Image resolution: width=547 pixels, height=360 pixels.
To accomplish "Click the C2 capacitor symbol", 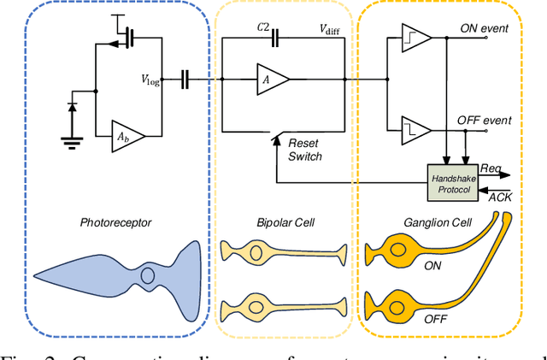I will pos(275,37).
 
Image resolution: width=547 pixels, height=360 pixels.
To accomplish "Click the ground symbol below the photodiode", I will pos(71,145).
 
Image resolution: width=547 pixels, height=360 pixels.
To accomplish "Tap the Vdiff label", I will pos(334,29).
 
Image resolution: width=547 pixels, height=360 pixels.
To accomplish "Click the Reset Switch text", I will pos(305,150).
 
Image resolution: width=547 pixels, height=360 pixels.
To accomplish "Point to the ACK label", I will pos(498,198).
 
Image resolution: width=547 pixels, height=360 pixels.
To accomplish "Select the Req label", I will pos(491,169).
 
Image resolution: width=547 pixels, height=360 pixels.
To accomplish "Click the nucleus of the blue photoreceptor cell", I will pos(146,276).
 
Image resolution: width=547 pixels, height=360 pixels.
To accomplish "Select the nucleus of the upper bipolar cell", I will pos(254,252).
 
